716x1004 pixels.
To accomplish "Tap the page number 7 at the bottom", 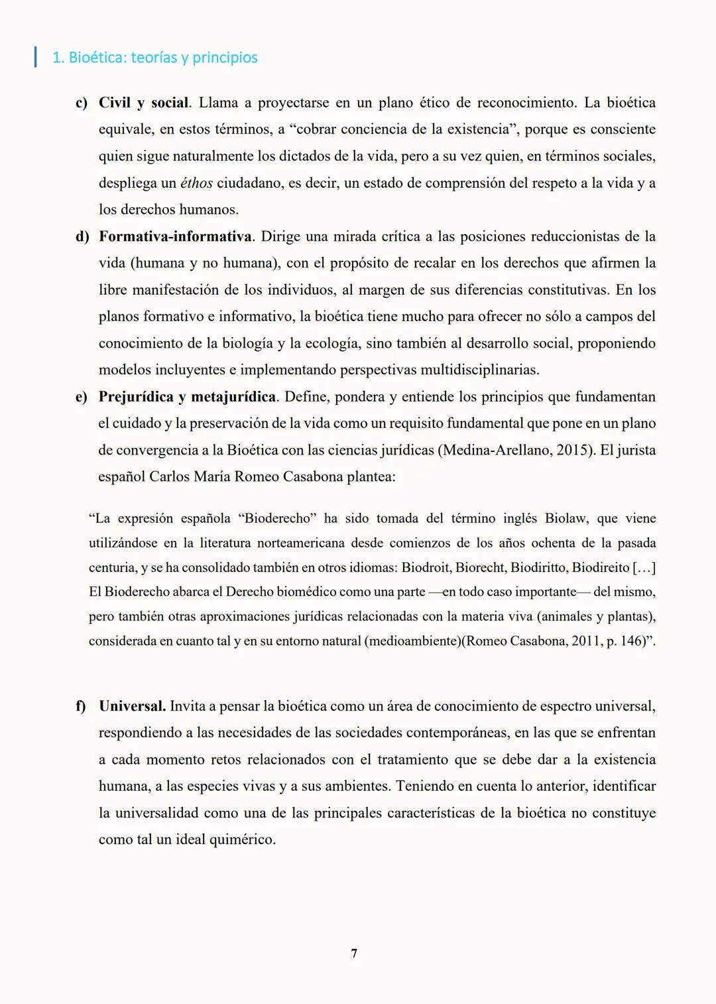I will pyautogui.click(x=354, y=953).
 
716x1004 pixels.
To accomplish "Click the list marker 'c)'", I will pyautogui.click(x=81, y=103).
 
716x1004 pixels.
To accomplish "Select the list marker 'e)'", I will pyautogui.click(x=81, y=397).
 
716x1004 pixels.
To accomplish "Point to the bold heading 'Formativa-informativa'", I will pyautogui.click(x=175, y=236).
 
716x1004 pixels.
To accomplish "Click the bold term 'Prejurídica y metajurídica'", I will pyautogui.click(x=187, y=397).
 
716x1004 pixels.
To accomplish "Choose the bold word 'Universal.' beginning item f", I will pyautogui.click(x=132, y=706).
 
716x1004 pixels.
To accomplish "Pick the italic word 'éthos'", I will pyautogui.click(x=196, y=183).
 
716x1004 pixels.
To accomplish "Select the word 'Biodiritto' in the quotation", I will pyautogui.click(x=538, y=567).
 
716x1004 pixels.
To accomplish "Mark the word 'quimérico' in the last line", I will pyautogui.click(x=242, y=839).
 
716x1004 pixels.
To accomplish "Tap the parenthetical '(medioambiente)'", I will pyautogui.click(x=415, y=641).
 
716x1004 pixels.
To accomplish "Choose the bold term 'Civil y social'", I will pyautogui.click(x=144, y=103).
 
